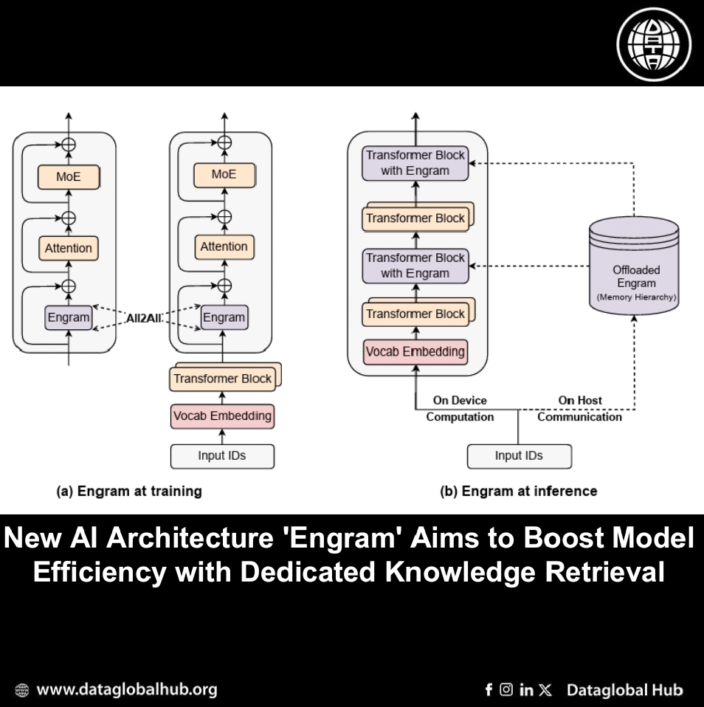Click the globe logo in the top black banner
coord(654,44)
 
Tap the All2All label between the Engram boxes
coord(145,317)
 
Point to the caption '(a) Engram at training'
coord(129,491)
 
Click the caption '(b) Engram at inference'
coord(518,491)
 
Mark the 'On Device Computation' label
coord(460,409)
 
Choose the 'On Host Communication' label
coord(579,409)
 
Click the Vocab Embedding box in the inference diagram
coord(415,351)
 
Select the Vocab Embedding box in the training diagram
coord(222,416)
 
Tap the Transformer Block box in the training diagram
coord(223,379)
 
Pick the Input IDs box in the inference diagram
coord(519,455)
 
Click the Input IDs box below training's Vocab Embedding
coord(222,455)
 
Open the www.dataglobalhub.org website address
coord(126,690)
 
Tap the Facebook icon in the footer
coord(489,690)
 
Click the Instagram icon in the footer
coord(506,690)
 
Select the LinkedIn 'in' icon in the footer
coord(526,690)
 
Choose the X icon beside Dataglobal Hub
coord(545,690)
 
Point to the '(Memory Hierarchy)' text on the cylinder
coord(635,297)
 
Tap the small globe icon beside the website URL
coord(22,691)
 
